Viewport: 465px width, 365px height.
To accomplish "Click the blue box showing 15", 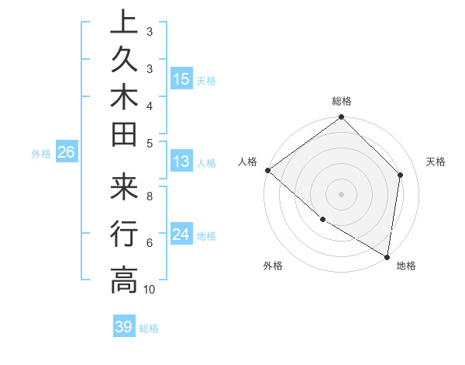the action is [181, 79].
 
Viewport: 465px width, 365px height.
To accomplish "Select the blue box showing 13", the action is [181, 162].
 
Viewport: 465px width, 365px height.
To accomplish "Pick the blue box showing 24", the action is [181, 235].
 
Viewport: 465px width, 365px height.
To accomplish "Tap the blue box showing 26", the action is [67, 152].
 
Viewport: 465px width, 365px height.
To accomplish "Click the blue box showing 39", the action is [124, 327].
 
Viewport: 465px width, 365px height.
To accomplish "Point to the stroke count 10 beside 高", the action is [150, 290].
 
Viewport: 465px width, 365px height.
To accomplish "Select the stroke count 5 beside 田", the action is [150, 142].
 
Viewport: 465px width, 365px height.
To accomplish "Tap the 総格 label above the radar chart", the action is [342, 101].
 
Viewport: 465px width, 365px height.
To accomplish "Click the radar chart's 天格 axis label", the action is [436, 162].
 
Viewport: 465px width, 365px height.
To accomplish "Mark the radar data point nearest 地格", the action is [387, 256].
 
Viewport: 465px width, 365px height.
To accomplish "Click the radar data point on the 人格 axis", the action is [267, 170].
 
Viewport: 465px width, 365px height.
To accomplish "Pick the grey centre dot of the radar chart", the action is [342, 193].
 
